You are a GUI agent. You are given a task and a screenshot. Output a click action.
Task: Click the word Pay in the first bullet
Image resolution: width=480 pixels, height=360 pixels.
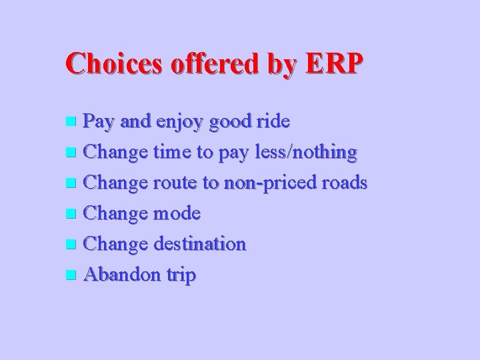pyautogui.click(x=101, y=122)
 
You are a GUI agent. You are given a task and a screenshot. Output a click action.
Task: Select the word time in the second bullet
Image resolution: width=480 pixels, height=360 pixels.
pyautogui.click(x=170, y=153)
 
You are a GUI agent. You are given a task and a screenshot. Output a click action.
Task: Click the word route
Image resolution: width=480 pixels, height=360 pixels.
pyautogui.click(x=177, y=183)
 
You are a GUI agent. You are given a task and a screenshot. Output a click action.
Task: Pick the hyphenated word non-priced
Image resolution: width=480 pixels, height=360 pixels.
pyautogui.click(x=265, y=184)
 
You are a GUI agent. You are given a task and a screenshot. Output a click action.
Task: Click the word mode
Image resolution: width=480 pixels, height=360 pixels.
pyautogui.click(x=177, y=213)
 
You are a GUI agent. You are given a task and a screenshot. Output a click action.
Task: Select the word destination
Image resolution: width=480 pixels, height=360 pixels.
pyautogui.click(x=199, y=244)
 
